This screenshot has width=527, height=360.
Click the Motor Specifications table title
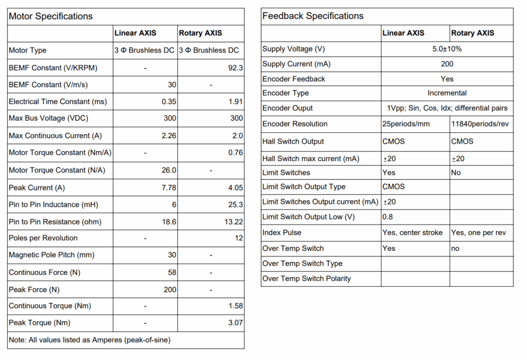pyautogui.click(x=51, y=16)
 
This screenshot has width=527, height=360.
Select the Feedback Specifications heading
pyautogui.click(x=313, y=16)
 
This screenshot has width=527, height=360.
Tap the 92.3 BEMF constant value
pyautogui.click(x=235, y=67)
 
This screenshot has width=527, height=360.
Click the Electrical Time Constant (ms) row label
pyautogui.click(x=58, y=101)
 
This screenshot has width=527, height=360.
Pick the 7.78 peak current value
pyautogui.click(x=168, y=187)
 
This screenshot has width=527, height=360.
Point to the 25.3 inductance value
pyautogui.click(x=234, y=204)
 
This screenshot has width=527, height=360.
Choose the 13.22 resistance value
pyautogui.click(x=232, y=222)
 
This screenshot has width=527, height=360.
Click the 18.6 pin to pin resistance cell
pyautogui.click(x=168, y=222)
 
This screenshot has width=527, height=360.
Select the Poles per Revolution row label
pyautogui.click(x=43, y=238)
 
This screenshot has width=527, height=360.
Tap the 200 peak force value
pyautogui.click(x=170, y=289)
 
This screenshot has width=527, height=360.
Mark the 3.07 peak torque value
pyautogui.click(x=234, y=323)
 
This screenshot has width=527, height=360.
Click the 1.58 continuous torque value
pyautogui.click(x=234, y=306)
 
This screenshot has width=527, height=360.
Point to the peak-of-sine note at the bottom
pyautogui.click(x=90, y=340)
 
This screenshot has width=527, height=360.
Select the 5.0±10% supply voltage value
pyautogui.click(x=447, y=49)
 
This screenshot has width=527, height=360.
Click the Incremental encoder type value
pyautogui.click(x=447, y=93)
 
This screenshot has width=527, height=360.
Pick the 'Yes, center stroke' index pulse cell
pyautogui.click(x=412, y=232)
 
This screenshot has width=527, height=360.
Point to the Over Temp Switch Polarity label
pyautogui.click(x=307, y=279)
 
